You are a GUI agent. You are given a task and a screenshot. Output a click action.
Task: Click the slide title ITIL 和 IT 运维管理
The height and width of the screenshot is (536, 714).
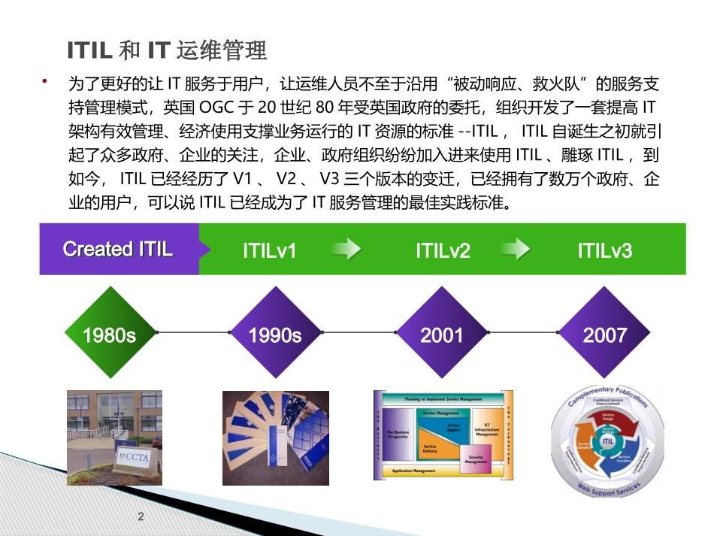point(167,51)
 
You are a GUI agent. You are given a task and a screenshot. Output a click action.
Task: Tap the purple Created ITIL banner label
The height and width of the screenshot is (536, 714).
point(118,250)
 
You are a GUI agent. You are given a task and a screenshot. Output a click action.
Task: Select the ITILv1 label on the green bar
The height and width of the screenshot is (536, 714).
point(269,250)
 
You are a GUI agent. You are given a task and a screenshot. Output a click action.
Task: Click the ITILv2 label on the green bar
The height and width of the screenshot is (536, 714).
point(443,250)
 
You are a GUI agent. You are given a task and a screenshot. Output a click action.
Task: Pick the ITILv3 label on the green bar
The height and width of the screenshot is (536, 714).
point(605,250)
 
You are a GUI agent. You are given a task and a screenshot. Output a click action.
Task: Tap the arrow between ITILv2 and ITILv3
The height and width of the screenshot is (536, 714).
point(520,250)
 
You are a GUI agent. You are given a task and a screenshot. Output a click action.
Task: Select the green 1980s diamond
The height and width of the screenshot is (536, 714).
point(109,335)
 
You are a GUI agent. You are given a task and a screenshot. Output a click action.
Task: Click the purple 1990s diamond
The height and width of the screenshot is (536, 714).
point(275,335)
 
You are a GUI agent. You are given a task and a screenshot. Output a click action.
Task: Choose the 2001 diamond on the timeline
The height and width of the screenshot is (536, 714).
point(442,335)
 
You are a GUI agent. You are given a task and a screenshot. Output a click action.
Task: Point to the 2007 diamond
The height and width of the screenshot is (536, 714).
point(605,335)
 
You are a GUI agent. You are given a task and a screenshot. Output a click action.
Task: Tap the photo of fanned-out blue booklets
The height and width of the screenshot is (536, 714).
point(275,435)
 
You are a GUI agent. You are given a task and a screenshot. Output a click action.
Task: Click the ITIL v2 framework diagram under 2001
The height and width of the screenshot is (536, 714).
point(443,435)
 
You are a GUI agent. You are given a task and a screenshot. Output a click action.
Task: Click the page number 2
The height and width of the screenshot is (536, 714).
point(141,516)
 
